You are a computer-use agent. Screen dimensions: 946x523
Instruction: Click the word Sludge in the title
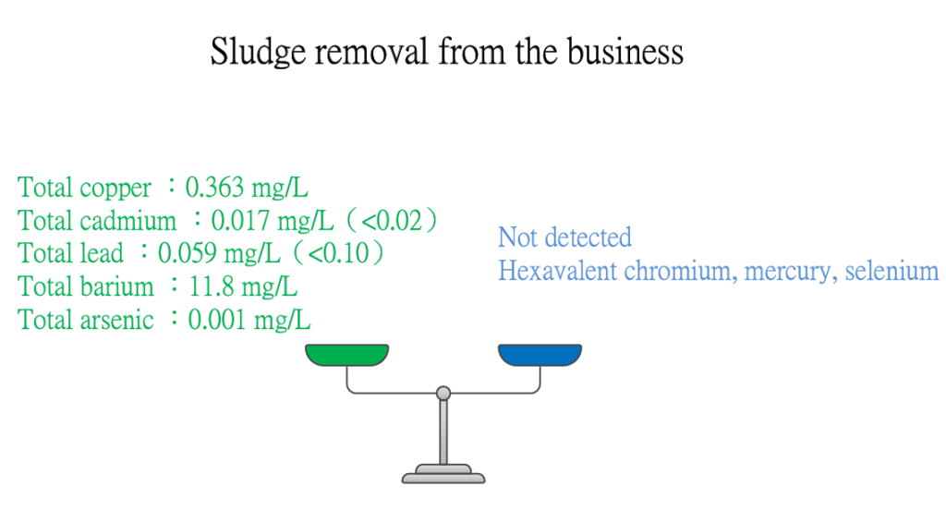(x=259, y=52)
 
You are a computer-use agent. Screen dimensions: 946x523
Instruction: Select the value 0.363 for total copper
(x=214, y=187)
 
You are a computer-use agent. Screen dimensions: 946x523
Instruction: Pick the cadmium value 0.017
(x=241, y=220)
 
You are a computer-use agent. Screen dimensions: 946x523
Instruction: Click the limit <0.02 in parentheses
(x=392, y=220)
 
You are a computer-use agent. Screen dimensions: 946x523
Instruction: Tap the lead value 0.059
(x=188, y=253)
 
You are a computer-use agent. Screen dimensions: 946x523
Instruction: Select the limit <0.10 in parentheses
(x=338, y=253)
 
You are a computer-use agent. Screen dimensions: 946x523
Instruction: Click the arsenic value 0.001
(x=217, y=319)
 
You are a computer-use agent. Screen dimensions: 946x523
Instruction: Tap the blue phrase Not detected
(x=564, y=237)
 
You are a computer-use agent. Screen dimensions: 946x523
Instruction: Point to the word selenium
(x=891, y=271)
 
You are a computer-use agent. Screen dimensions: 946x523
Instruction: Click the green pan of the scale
(x=347, y=355)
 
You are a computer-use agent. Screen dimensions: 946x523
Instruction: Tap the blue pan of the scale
(x=540, y=355)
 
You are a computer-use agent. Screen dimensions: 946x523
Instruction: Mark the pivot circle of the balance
(x=443, y=394)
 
